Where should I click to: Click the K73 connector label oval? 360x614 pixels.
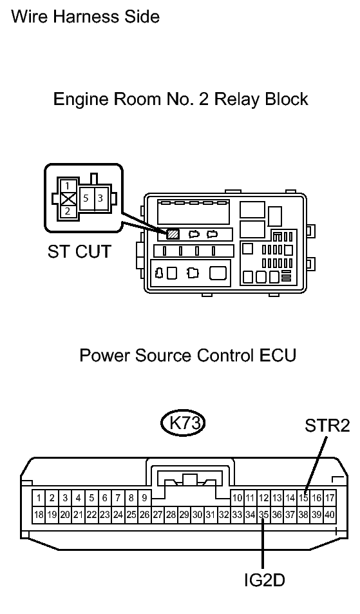tap(183, 423)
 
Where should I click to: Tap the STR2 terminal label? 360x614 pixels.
tap(327, 426)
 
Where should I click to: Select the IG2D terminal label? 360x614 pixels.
tap(265, 580)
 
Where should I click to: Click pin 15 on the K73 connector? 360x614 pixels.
tap(303, 498)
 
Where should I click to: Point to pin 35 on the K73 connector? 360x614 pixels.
tap(264, 515)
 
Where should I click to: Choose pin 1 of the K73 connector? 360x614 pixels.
tap(39, 498)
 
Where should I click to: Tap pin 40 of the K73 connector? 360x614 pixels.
tap(330, 515)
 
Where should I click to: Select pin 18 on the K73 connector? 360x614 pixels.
tap(39, 515)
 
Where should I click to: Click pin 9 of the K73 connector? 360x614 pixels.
tap(144, 498)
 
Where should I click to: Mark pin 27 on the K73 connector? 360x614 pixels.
tap(158, 515)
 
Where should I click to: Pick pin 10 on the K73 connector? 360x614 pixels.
tap(237, 498)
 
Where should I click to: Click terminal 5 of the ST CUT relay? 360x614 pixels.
tap(86, 198)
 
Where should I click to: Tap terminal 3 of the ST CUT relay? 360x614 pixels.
tap(100, 198)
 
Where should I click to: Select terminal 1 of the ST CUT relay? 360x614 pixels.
tap(68, 186)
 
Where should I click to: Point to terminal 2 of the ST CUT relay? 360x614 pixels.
tap(68, 211)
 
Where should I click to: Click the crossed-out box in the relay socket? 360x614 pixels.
tap(68, 198)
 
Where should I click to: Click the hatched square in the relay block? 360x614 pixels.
tap(173, 234)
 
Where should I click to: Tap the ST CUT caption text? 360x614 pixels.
tap(79, 251)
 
